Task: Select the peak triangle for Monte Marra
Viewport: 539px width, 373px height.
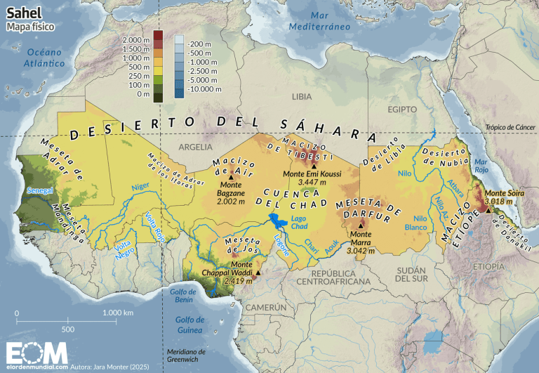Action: point(361,226)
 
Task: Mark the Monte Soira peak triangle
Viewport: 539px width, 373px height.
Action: point(488,209)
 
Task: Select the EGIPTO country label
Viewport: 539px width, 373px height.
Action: point(403,110)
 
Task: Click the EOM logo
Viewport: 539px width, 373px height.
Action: point(37,351)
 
